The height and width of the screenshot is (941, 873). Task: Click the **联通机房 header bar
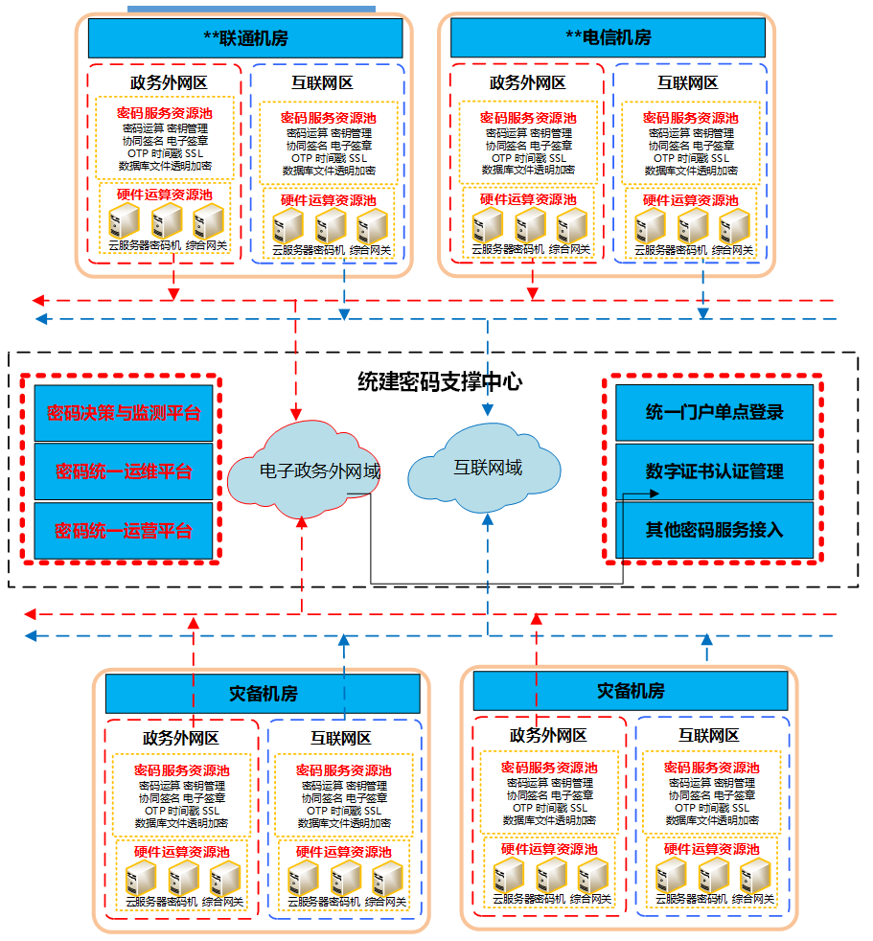coord(245,38)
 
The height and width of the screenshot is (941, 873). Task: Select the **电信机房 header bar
coord(608,38)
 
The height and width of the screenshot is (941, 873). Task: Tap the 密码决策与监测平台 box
coord(124,413)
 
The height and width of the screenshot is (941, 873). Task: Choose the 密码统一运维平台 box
coord(124,471)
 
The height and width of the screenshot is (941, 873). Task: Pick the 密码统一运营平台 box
coord(124,530)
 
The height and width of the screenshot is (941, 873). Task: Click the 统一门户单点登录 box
coord(714,413)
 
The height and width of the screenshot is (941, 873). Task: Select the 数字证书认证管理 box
coord(714,471)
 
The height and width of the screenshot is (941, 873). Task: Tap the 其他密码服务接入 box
coord(714,530)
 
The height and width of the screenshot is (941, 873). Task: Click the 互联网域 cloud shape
coord(487,469)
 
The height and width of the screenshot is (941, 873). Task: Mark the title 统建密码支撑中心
coord(440,382)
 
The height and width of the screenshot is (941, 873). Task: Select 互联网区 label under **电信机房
coord(687,82)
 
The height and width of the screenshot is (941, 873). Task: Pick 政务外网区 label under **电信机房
coord(527,82)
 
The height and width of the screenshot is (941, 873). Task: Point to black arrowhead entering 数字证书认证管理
coord(655,493)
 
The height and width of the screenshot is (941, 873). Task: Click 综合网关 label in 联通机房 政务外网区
coord(207,246)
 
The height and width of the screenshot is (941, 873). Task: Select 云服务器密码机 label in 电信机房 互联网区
coord(670,250)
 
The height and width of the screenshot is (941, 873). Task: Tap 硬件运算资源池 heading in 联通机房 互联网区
coord(328,201)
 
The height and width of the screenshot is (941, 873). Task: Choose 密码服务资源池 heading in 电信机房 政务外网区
coord(528,118)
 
